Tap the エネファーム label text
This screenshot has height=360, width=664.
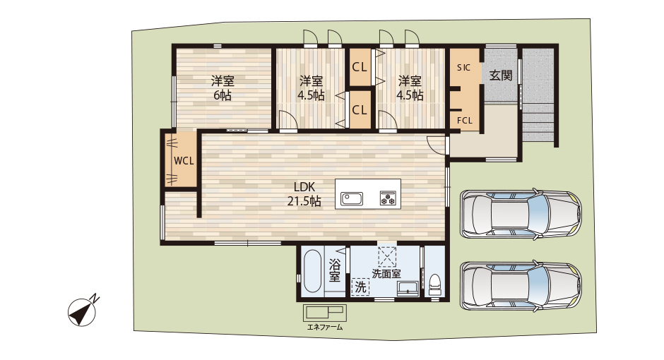[324, 328]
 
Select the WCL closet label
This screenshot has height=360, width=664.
[184, 161]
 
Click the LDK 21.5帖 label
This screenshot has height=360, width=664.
[304, 194]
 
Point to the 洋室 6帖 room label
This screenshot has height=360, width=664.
[223, 88]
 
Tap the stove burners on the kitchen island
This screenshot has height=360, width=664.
[389, 198]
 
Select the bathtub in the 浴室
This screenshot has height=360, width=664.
[311, 272]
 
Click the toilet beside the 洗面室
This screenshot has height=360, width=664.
[435, 283]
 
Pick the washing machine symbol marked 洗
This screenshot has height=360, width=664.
[360, 287]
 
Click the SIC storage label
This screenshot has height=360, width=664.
[463, 68]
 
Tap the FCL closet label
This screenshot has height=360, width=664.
[464, 120]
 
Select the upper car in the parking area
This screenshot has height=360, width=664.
[519, 214]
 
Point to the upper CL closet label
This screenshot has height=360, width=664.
[360, 68]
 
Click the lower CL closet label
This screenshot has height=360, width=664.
[360, 110]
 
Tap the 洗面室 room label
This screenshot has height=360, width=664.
[386, 273]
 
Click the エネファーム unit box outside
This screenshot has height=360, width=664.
[324, 313]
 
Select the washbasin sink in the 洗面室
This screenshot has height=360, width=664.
[407, 288]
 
